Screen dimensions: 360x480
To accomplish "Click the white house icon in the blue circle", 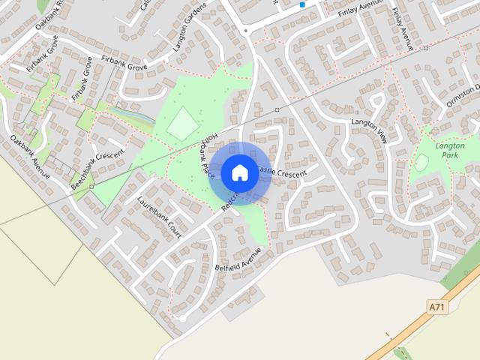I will [239, 172].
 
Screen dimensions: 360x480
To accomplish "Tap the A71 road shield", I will [437, 307].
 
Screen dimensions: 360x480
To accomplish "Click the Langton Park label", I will [450, 150].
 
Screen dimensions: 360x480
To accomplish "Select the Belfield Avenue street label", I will [238, 259].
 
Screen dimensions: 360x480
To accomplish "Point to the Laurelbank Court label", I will [160, 217].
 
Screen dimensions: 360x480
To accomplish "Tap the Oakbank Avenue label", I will [30, 156].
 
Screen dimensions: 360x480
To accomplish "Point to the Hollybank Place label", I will [207, 157].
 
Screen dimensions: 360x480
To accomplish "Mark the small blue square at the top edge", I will [302, 4].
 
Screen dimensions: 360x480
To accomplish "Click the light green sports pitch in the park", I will [183, 123].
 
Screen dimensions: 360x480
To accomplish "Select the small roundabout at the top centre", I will [246, 31].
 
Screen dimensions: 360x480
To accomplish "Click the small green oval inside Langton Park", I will [422, 161].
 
